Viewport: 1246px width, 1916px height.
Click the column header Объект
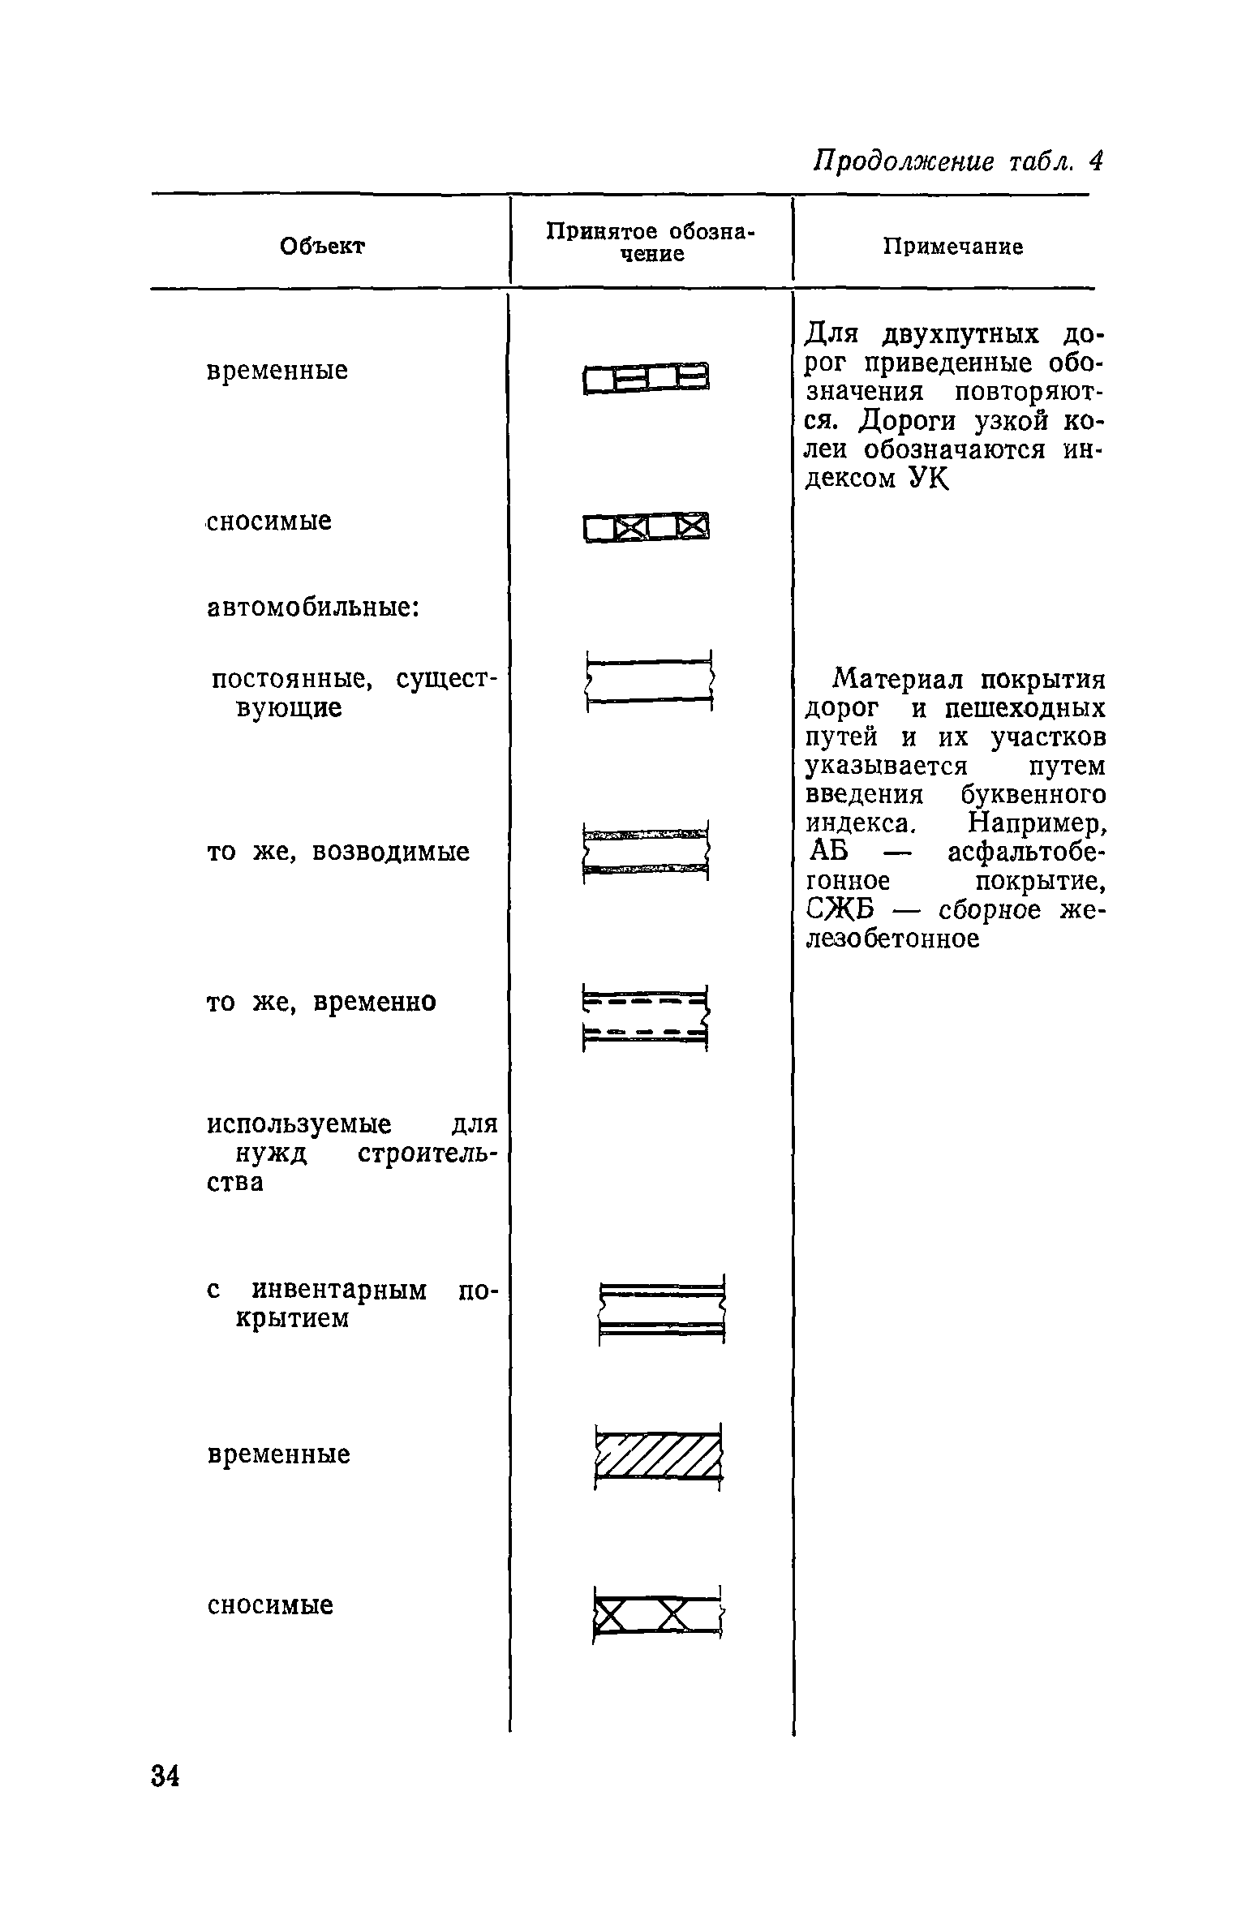tap(322, 246)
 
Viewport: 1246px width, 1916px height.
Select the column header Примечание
tap(952, 247)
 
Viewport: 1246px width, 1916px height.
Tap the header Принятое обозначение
tap(650, 242)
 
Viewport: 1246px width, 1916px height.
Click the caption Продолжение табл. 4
tap(958, 161)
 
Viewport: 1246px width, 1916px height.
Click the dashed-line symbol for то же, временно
tap(646, 1018)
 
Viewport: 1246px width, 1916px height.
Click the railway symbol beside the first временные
tap(646, 378)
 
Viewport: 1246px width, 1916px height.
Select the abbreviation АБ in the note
tap(827, 853)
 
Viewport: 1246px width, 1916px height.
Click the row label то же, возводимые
tap(338, 852)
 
